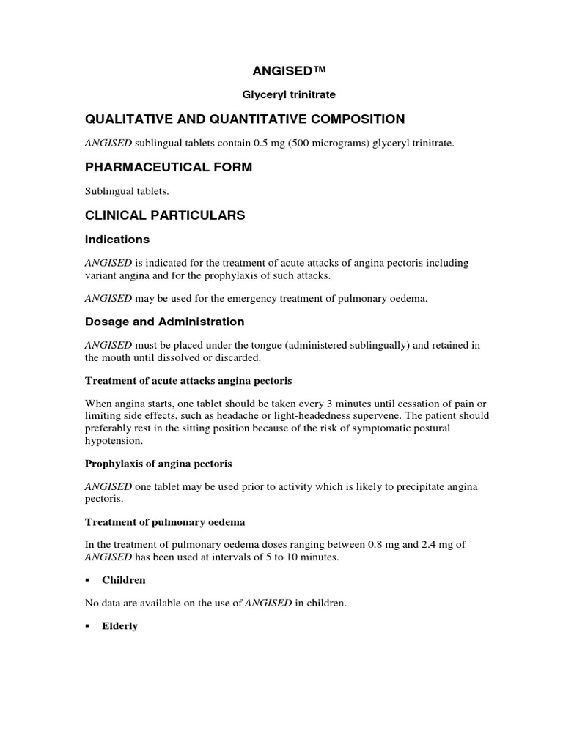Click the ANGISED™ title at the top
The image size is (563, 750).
[x=281, y=70]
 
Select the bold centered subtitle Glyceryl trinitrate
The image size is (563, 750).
[x=281, y=94]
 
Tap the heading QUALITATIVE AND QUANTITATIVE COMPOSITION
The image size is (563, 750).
[x=245, y=119]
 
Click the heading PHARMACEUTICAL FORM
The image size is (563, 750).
[x=169, y=168]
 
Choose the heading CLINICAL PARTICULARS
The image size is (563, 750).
[x=165, y=215]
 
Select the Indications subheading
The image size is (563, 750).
[x=117, y=240]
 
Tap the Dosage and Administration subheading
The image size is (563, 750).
[x=165, y=322]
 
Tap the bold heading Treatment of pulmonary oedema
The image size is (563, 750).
[x=165, y=521]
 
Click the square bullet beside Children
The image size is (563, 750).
[x=87, y=580]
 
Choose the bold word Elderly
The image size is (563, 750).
[x=120, y=626]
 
